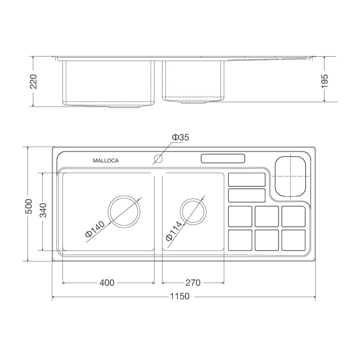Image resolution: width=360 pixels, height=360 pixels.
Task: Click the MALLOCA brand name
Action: pos(106,161)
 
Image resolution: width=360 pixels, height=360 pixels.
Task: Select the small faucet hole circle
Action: pos(158,158)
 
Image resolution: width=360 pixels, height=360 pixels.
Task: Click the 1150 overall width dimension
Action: pos(180,297)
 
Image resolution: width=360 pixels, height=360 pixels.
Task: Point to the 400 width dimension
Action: pos(107,283)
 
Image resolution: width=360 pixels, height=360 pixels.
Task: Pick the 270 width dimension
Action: pos(193,283)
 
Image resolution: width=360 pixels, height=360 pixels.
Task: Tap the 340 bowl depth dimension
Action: pos(43,210)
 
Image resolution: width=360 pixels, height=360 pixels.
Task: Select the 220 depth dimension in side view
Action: pos(33,81)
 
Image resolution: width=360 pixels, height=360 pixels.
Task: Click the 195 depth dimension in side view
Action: pos(325,81)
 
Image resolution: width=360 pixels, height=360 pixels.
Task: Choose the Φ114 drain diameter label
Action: pos(174,231)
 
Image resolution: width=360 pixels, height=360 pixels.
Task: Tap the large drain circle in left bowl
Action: pos(125,211)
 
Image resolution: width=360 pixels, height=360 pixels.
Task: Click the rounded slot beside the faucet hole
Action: pos(223,159)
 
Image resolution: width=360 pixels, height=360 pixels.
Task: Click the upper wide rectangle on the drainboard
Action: pos(247,180)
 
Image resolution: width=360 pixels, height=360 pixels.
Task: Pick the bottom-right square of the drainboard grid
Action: pos(293,240)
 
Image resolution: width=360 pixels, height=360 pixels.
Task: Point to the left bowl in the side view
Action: pos(108,82)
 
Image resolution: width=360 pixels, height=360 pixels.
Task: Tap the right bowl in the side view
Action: pos(193,80)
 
